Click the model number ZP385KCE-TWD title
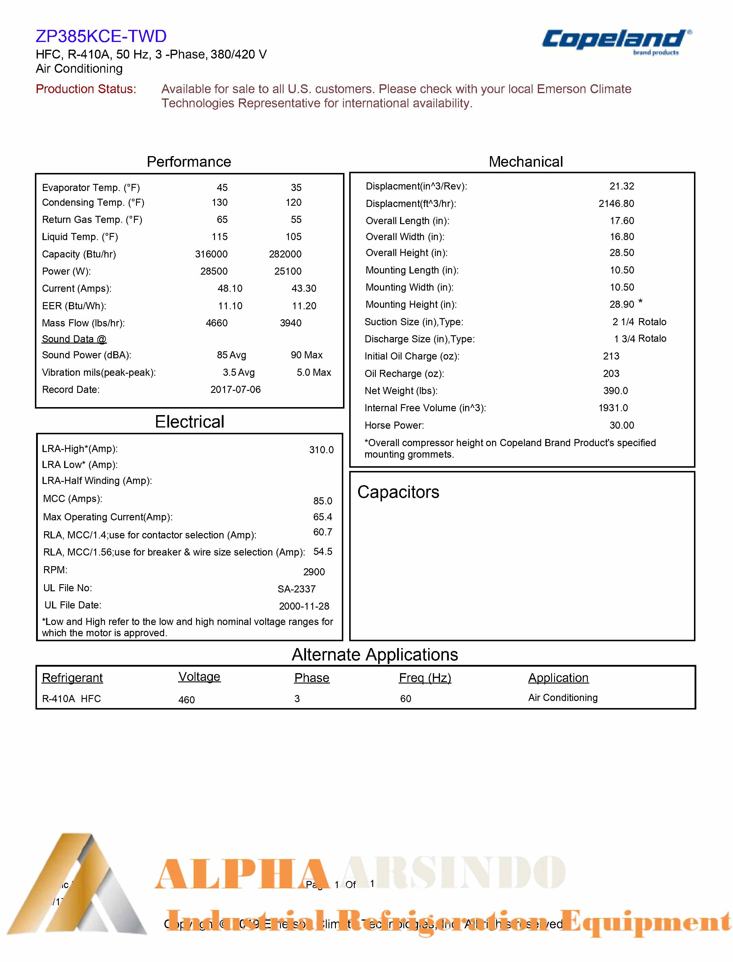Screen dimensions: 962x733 tap(101, 36)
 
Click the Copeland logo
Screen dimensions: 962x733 tap(616, 41)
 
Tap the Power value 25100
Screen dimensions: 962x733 tap(287, 271)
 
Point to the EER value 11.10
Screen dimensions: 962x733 tap(230, 306)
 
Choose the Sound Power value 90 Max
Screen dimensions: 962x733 tap(306, 355)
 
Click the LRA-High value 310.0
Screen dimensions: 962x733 tap(321, 450)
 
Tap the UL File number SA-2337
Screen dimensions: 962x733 tap(296, 589)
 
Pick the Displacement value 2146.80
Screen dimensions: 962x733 tap(616, 204)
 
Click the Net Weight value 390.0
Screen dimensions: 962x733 tap(615, 391)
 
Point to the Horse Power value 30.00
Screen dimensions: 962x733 tap(621, 425)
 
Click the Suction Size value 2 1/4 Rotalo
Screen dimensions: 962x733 tap(639, 322)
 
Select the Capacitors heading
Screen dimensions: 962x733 tap(398, 492)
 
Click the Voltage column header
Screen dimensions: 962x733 tap(199, 677)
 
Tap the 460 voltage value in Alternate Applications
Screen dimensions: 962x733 tap(186, 700)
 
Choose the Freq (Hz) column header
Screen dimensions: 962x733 tap(425, 678)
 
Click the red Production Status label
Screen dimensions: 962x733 tap(86, 89)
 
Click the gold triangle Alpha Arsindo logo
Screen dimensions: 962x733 tap(76, 886)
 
